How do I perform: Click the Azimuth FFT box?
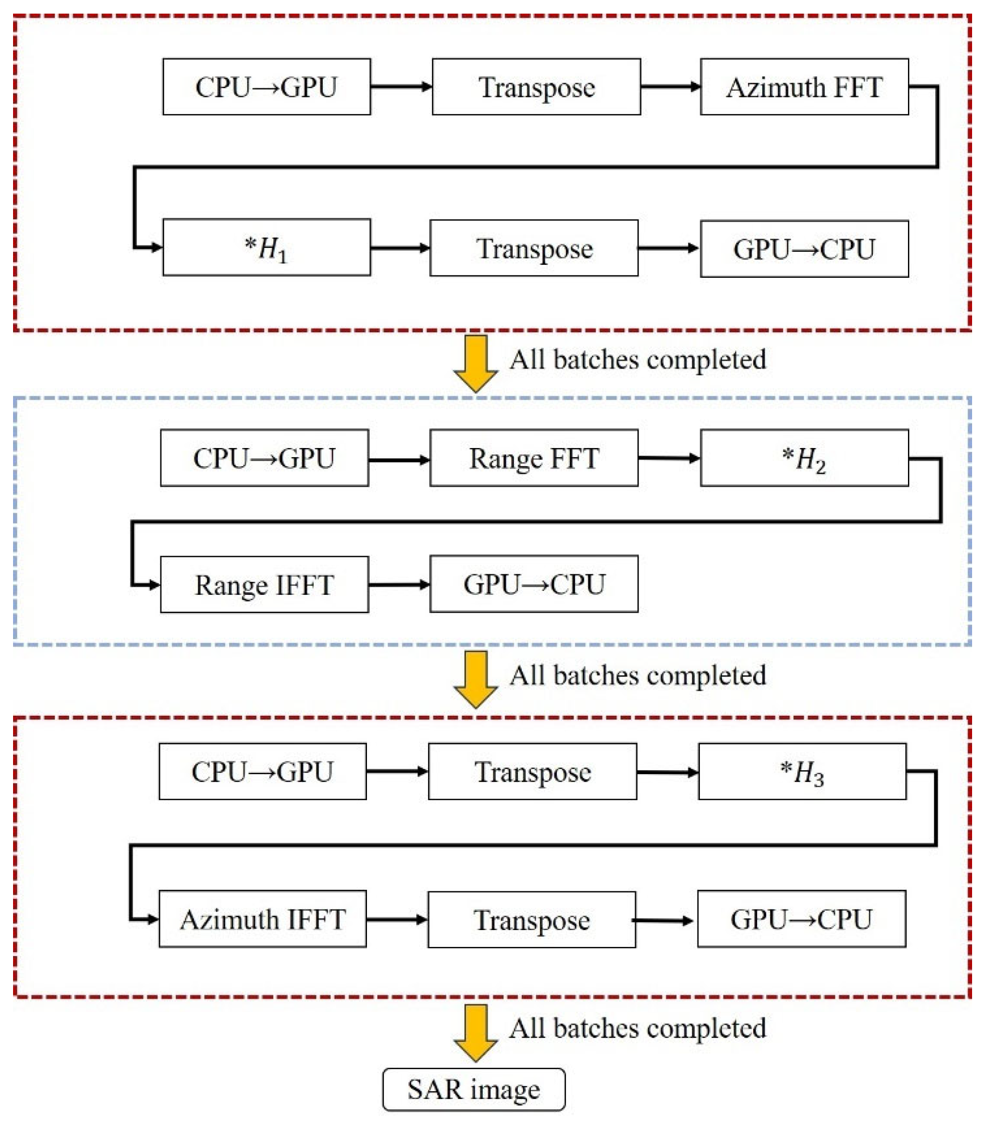pyautogui.click(x=804, y=87)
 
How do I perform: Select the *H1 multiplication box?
pyautogui.click(x=267, y=247)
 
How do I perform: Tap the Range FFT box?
pyautogui.click(x=534, y=458)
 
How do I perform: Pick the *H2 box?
pyautogui.click(x=804, y=458)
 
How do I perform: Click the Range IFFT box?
pyautogui.click(x=264, y=584)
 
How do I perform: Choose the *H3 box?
pyautogui.click(x=802, y=771)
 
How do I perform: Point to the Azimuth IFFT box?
pyautogui.click(x=263, y=919)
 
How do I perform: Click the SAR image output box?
pyautogui.click(x=474, y=1089)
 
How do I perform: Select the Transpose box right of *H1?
pyautogui.click(x=534, y=248)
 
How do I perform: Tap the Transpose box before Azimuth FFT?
pyautogui.click(x=537, y=87)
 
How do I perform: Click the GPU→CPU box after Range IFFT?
pyautogui.click(x=534, y=584)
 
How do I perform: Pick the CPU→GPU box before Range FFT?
pyautogui.click(x=264, y=458)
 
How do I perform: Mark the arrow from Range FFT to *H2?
pyautogui.click(x=669, y=458)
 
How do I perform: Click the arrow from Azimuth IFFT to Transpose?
pyautogui.click(x=396, y=919)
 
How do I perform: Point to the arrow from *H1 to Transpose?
pyautogui.click(x=400, y=248)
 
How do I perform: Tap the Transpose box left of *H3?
pyautogui.click(x=532, y=771)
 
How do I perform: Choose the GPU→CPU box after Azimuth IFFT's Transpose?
pyautogui.click(x=801, y=919)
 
